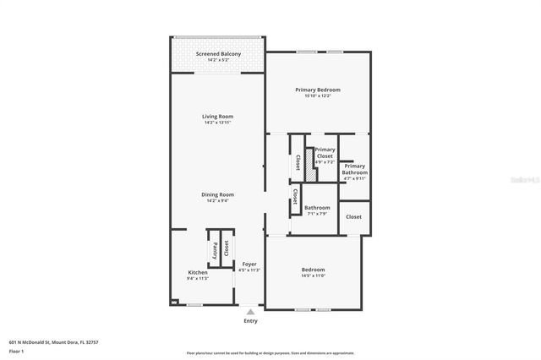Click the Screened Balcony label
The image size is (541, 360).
pos(217,54)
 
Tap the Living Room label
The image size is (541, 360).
pos(217,117)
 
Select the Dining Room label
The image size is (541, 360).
pos(217,195)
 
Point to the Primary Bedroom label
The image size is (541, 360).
pos(317,90)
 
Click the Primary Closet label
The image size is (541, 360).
pos(325,152)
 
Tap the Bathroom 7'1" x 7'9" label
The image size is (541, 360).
pos(317,208)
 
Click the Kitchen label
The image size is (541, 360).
pos(198,272)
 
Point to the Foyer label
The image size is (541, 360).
pos(249,264)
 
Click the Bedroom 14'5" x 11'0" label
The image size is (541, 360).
pos(313,270)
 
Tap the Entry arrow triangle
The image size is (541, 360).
pos(250,312)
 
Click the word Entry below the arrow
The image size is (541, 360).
pos(250,321)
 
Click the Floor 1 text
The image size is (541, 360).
pos(16,351)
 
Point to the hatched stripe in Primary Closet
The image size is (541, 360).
pos(309,165)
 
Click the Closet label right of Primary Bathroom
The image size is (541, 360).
pos(353,217)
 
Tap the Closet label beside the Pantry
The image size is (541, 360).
pos(227,249)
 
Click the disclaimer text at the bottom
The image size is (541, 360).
pos(270,353)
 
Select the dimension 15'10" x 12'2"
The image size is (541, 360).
pos(317,95)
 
